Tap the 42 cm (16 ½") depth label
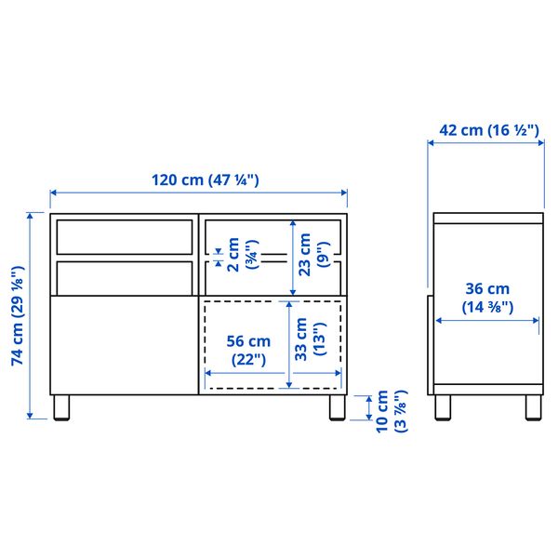coord(488,130)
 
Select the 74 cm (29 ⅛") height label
coord(17,317)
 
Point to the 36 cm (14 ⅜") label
coord(487,297)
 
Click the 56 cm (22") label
coord(246,348)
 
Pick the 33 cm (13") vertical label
coord(311,341)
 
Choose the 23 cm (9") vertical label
coord(311,251)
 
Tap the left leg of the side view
coord(444,407)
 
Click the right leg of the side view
coord(533,407)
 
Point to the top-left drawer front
coord(123,236)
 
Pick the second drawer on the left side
coord(123,275)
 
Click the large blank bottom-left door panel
coord(123,344)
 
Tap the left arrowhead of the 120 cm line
coord(53,193)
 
